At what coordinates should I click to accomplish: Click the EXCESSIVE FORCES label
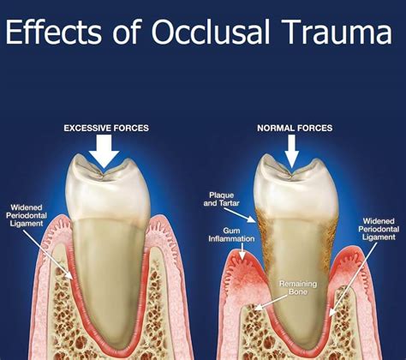click(x=106, y=128)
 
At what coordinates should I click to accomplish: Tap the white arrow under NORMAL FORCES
click(x=292, y=151)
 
